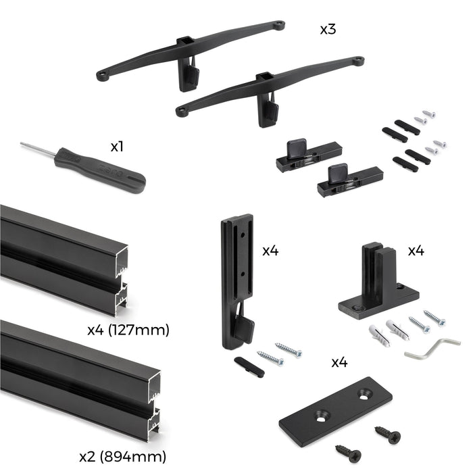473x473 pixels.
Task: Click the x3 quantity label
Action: (329, 30)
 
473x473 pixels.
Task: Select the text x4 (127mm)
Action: (128, 330)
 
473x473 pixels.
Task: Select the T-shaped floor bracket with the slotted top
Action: (378, 284)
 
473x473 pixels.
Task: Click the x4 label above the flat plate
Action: (339, 362)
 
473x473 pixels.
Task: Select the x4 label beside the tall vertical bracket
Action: (270, 251)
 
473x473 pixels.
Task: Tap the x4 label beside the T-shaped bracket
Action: (416, 251)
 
